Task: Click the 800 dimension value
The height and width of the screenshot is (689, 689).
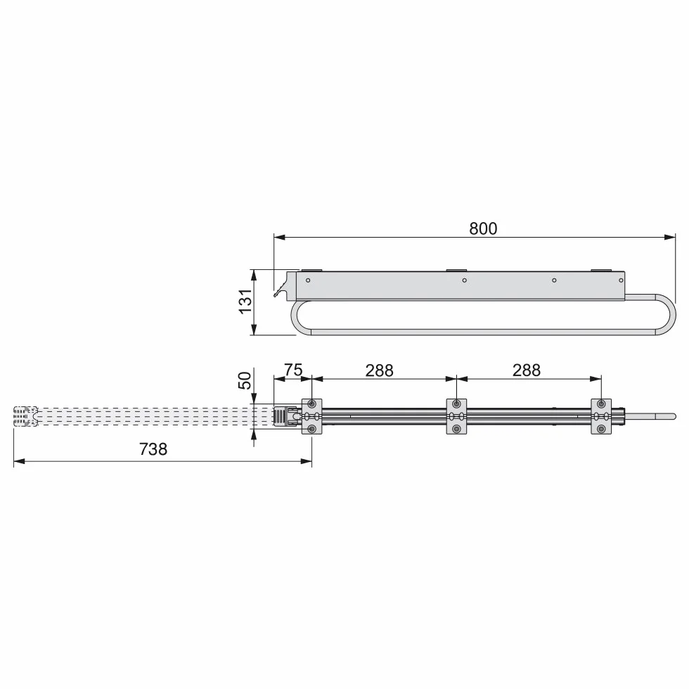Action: click(483, 228)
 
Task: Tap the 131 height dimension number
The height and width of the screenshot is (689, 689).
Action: click(245, 302)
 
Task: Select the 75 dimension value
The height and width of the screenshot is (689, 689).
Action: click(293, 370)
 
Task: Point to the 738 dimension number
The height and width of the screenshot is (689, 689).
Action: click(153, 449)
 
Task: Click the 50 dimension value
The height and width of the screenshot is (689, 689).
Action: click(245, 380)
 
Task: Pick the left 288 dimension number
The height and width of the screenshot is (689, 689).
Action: click(379, 371)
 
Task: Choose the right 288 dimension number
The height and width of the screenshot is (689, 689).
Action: click(527, 371)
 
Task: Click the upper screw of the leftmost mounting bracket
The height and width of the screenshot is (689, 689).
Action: click(311, 404)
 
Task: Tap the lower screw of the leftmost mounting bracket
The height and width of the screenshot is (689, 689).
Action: click(311, 429)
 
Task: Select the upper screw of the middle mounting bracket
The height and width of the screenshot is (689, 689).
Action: click(456, 404)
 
